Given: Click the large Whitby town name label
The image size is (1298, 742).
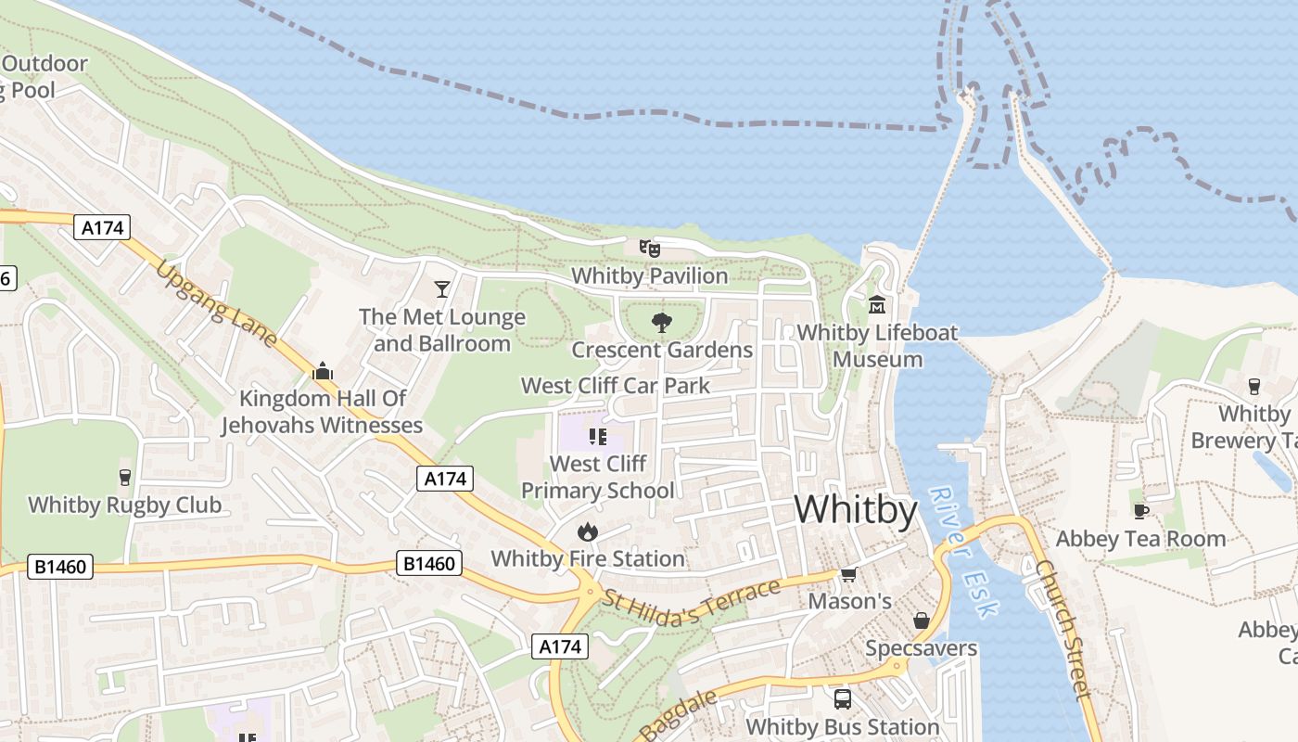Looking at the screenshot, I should [x=855, y=510].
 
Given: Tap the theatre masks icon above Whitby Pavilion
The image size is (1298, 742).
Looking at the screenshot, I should [x=649, y=248].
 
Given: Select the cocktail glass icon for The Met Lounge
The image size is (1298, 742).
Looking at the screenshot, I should [x=442, y=289].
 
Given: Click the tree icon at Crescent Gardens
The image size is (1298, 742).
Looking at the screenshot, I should [x=661, y=323].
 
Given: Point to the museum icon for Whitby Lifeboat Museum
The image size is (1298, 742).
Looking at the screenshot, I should [x=876, y=304].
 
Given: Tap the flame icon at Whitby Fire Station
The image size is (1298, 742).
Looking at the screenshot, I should [x=587, y=531].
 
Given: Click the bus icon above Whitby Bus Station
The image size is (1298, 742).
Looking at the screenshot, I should [x=842, y=698].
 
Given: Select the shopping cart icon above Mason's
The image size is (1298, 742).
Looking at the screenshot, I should [x=848, y=575].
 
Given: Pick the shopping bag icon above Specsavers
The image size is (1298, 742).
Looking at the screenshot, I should [x=921, y=620].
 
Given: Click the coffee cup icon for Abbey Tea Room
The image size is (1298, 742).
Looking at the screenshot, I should [x=1141, y=511].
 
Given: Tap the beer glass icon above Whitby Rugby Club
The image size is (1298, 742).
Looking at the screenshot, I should [x=125, y=478].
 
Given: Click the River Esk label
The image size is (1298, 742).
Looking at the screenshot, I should [x=965, y=552].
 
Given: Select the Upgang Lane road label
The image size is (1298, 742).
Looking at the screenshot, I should [x=217, y=304].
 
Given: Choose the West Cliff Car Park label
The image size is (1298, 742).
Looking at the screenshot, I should [x=616, y=386].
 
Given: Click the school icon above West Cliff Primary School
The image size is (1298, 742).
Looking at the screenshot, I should [x=597, y=436].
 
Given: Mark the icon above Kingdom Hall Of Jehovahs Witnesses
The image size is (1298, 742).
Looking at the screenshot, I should [x=323, y=372].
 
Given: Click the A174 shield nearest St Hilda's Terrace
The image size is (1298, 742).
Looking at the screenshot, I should [x=560, y=646].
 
